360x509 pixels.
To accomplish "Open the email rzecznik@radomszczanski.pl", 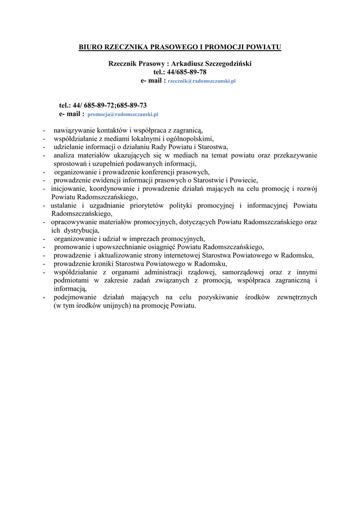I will tap(201, 81).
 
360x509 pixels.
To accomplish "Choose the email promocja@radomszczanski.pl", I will tap(122, 114).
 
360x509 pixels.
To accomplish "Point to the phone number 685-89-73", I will tap(132, 105).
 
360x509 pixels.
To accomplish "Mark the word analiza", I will tap(65, 155).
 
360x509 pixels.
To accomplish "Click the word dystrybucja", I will tap(81, 230).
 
